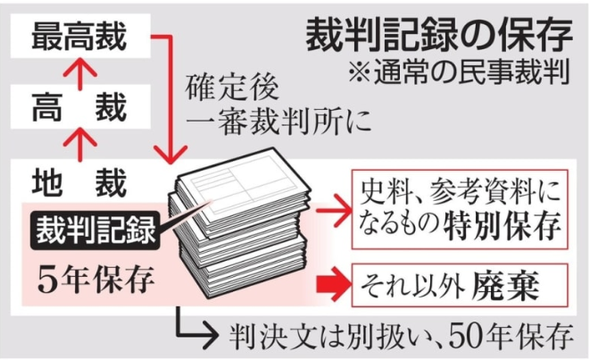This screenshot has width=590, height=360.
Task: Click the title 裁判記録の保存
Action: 437,38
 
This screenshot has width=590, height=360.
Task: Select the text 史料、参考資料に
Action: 461,191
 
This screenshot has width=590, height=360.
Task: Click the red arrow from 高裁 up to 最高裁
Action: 80,73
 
